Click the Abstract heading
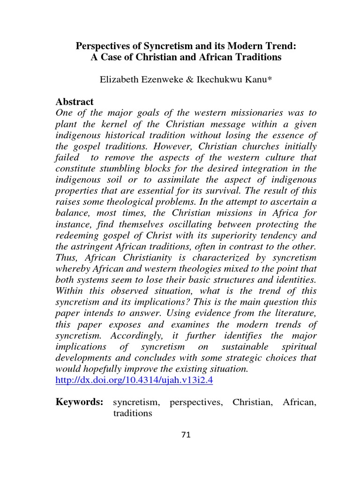[75, 102]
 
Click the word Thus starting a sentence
[66, 258]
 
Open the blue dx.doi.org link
[134, 381]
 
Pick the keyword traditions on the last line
[133, 414]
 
